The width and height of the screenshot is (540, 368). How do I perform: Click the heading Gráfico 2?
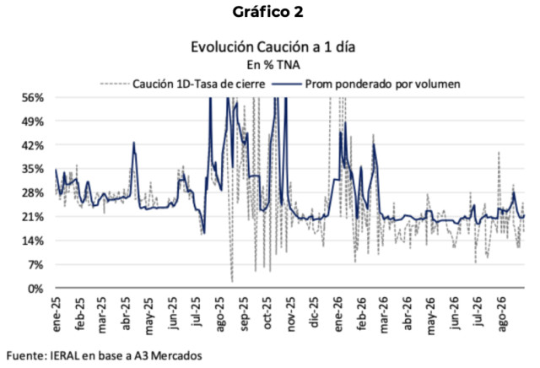[267, 13]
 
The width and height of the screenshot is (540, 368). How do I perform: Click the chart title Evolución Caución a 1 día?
[273, 47]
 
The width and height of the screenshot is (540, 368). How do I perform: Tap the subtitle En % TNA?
[273, 65]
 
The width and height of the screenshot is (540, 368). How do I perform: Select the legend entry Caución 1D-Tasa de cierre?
[183, 84]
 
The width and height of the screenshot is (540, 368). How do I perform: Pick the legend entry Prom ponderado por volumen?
[366, 84]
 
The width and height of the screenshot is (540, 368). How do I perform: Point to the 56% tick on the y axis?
[34, 98]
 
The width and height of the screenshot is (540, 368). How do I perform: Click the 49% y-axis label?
[34, 122]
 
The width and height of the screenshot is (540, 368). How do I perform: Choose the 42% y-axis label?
[34, 145]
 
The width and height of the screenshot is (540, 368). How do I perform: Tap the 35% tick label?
[34, 169]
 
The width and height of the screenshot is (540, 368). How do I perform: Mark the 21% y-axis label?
[34, 217]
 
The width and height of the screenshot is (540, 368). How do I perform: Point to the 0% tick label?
[36, 289]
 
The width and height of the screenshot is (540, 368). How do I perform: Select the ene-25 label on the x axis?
[57, 314]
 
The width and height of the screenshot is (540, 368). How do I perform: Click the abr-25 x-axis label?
[126, 314]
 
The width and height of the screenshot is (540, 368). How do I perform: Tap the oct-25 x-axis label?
[267, 314]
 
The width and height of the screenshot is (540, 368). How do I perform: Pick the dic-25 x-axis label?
[314, 313]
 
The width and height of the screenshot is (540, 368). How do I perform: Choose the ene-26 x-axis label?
[338, 314]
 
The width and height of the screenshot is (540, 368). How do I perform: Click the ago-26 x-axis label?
[503, 315]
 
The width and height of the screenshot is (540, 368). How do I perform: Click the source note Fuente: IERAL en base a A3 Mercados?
[104, 355]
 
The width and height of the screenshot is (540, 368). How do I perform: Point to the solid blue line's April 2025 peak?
[133, 143]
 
